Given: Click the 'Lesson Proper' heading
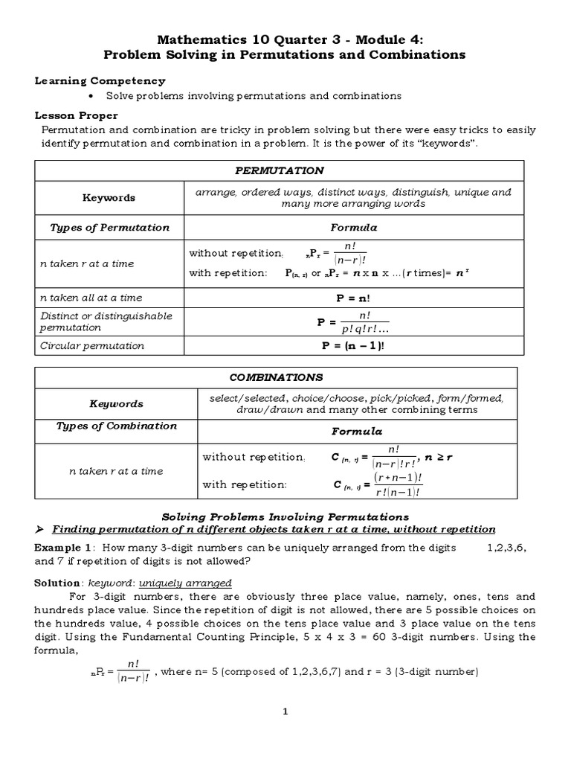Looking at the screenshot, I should pyautogui.click(x=77, y=115).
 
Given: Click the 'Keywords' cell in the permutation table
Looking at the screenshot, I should pyautogui.click(x=109, y=198).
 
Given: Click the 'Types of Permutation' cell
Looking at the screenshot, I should pyautogui.click(x=109, y=227).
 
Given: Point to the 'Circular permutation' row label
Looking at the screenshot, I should pyautogui.click(x=92, y=346).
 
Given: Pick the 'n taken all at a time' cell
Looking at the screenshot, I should pyautogui.click(x=91, y=298).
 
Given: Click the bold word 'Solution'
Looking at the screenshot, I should pyautogui.click(x=58, y=583).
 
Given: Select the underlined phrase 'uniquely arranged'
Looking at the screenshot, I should pyautogui.click(x=194, y=583).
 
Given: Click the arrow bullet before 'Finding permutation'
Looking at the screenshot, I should pyautogui.click(x=41, y=529).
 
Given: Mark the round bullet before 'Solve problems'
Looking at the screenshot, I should pyautogui.click(x=91, y=96).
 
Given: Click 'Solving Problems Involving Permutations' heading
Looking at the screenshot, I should pyautogui.click(x=285, y=516).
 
